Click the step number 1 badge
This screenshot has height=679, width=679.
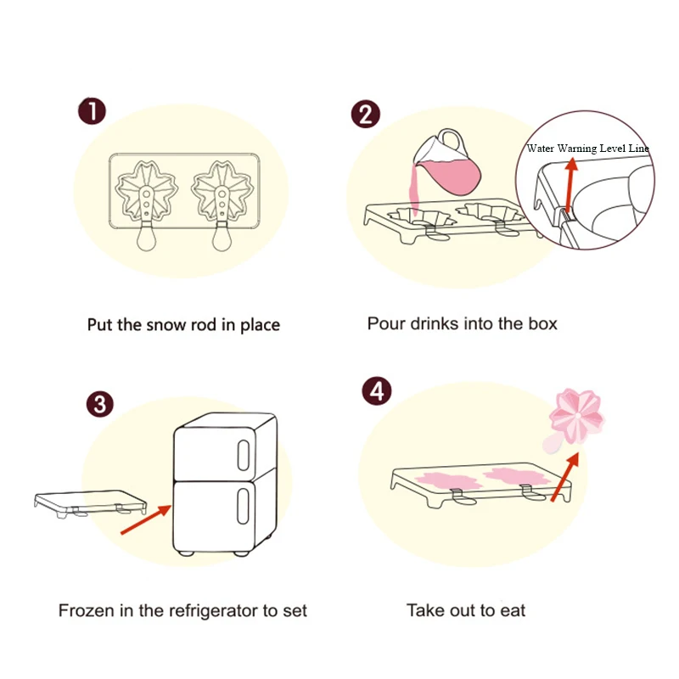93,111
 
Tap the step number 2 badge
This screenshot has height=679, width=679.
365,114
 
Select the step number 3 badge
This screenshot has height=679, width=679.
100,403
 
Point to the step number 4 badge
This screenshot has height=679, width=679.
377,391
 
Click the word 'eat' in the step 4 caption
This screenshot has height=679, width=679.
511,610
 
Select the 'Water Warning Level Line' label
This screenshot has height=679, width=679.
587,149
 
